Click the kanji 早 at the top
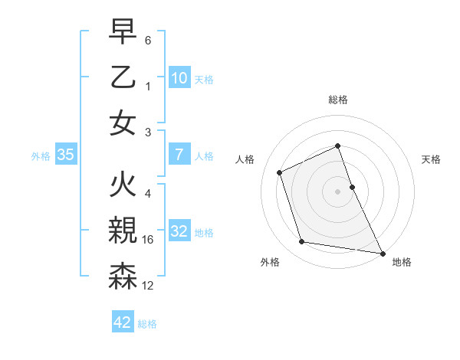coord(123,33)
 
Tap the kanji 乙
coord(123,77)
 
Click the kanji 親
coord(123,229)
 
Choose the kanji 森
coord(123,274)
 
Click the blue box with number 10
coord(179,77)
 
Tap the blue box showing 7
coord(179,155)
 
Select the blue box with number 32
coord(179,231)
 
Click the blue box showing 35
coord(65,155)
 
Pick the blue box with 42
coord(123,322)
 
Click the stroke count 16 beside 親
coord(149,241)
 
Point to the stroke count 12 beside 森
coord(149,286)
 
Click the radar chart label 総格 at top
coord(337,100)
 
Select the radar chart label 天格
coord(431,159)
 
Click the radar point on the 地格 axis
coord(382,252)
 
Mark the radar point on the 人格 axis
coord(280,172)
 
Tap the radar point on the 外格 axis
coord(302,242)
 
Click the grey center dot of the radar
coord(337,191)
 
